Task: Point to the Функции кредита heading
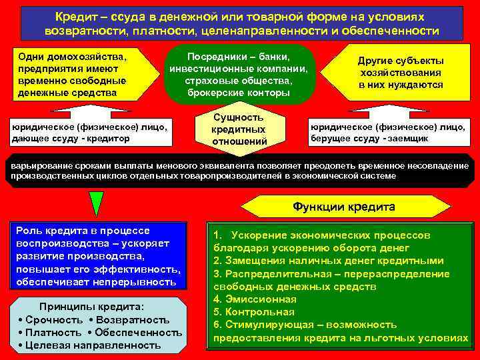(x=343, y=207)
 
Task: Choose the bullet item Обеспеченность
(x=139, y=332)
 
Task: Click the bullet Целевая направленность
(x=89, y=345)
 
